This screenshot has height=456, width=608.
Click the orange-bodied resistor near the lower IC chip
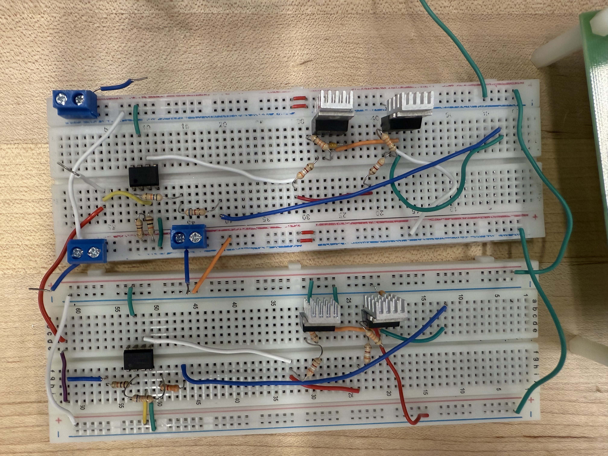tap(171, 388)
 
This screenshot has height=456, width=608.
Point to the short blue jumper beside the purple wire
tap(84, 379)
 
